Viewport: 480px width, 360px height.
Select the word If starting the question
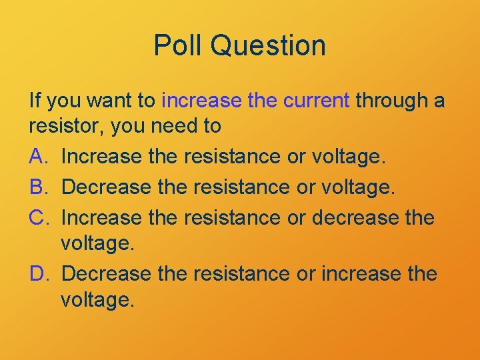[35, 101]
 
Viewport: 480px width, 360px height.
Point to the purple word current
[316, 101]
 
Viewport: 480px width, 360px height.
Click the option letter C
[38, 217]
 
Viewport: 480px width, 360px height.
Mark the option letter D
[38, 273]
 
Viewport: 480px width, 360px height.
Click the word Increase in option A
[101, 157]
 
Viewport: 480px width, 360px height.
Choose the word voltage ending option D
[97, 299]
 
